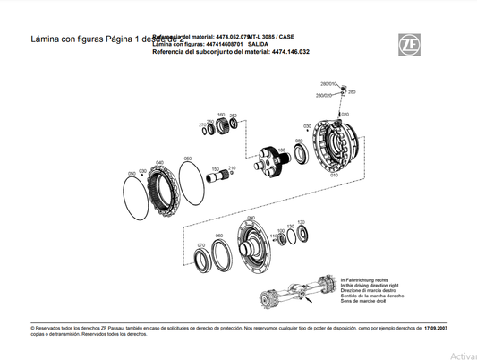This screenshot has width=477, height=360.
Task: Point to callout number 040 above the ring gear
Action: [x=159, y=162]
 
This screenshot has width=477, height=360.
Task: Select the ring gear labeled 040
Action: [x=162, y=192]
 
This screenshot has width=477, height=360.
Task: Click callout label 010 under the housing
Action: [x=334, y=175]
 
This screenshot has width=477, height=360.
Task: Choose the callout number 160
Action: [x=221, y=115]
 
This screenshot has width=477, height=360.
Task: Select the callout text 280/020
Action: [x=323, y=95]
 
